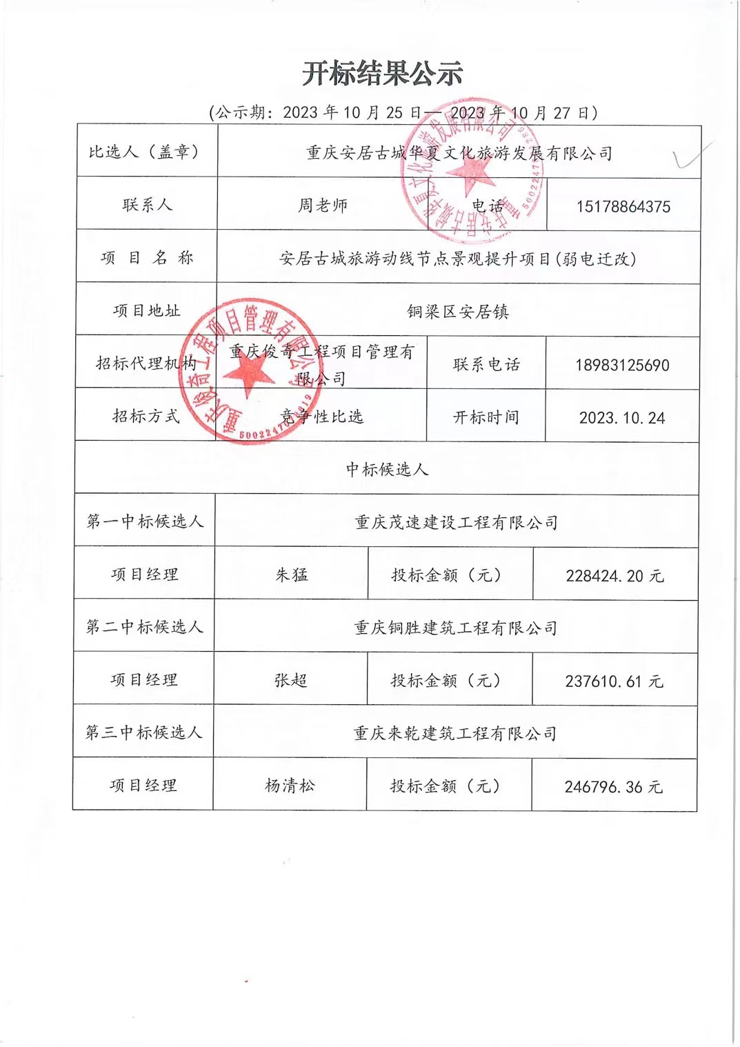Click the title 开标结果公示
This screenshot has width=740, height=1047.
coord(382,74)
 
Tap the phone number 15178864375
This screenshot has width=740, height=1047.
coord(623,206)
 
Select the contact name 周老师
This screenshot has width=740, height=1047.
coord(323,205)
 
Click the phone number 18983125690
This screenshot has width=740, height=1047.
coord(622,365)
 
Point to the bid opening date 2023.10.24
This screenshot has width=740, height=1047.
coord(621,417)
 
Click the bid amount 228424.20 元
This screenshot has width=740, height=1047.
coord(614,575)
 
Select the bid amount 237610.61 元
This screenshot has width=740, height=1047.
coord(613,681)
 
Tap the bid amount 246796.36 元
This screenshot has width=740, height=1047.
coord(613,786)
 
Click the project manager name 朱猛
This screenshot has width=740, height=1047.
coord(292,575)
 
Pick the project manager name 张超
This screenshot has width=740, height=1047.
coord(290,680)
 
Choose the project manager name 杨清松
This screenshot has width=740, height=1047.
coord(290,785)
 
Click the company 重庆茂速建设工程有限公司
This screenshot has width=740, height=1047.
coord(456,522)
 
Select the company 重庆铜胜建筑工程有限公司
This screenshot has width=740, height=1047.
coord(455,628)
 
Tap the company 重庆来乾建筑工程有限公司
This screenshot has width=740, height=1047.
coord(454,733)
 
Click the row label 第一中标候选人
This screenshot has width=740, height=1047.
coord(145,521)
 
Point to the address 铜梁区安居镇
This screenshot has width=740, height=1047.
coord(458,312)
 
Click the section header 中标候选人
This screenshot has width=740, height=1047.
coord(387,469)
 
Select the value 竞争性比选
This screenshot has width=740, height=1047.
coord(321,416)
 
